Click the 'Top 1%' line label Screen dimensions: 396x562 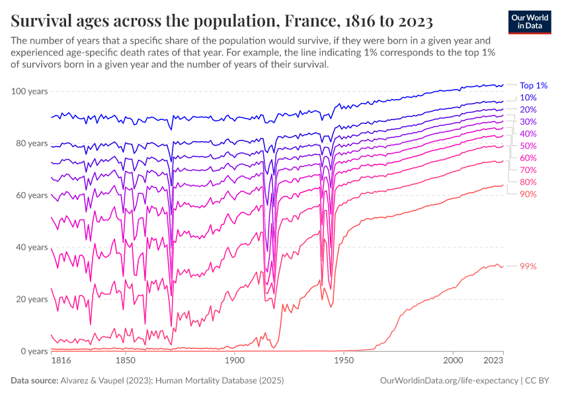534,85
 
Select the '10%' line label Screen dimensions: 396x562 528,98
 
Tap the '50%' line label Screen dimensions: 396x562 528,146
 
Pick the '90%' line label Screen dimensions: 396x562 528,194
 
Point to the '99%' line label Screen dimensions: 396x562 528,266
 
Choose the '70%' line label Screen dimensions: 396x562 528,170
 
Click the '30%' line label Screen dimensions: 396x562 528,122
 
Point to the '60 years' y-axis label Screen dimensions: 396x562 31,195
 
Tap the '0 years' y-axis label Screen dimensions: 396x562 33,351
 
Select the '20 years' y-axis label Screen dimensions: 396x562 31,299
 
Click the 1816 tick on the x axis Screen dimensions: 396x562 61,362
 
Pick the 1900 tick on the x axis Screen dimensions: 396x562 233,362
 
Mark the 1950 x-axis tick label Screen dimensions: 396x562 342,362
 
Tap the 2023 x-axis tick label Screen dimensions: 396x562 493,362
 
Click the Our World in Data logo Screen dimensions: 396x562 530,22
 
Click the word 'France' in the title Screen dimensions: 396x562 307,22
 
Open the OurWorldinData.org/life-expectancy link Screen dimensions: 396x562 450,381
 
